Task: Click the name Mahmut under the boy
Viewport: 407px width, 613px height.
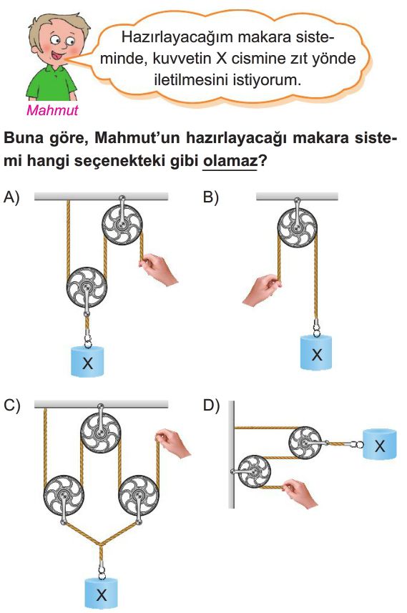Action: [x=52, y=110]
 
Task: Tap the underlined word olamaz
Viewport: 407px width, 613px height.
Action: [x=230, y=160]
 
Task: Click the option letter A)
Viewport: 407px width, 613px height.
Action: [x=11, y=197]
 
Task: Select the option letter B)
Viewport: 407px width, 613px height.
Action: [x=211, y=197]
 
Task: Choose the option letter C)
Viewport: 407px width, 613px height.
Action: [x=11, y=406]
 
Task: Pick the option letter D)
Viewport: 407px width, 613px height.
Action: [x=211, y=406]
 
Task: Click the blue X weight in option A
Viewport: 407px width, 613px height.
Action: [x=87, y=361]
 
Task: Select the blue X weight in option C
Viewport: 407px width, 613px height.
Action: [x=102, y=594]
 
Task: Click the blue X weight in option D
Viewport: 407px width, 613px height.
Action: [x=380, y=444]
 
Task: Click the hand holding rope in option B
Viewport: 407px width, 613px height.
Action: [x=262, y=289]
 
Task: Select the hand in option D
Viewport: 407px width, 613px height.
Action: [x=300, y=494]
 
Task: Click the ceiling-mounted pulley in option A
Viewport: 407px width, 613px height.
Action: [x=122, y=224]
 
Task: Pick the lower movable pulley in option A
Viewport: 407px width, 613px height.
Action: [x=87, y=288]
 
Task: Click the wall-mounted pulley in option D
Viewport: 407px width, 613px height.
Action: [x=254, y=471]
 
